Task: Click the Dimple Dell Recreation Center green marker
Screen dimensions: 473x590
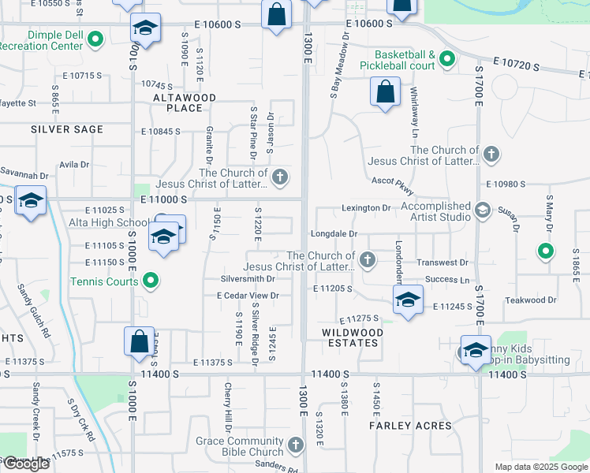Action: pos(96,38)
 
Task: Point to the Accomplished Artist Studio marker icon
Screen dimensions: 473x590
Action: pos(482,210)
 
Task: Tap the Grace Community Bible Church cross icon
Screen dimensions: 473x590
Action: pos(295,445)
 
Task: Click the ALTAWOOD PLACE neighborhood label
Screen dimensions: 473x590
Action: pos(185,102)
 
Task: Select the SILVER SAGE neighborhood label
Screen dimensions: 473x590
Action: pos(67,129)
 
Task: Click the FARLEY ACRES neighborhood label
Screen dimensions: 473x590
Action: pos(410,426)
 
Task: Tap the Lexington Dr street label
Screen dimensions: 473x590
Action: pos(366,208)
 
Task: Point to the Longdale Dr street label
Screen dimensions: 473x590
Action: pos(334,234)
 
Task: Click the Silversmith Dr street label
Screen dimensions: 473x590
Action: pos(248,278)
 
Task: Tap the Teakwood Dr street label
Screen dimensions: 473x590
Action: pos(531,300)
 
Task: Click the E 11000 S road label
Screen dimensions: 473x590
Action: pos(165,200)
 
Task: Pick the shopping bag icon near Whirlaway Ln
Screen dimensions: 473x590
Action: pos(384,92)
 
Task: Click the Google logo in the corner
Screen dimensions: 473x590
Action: pos(25,464)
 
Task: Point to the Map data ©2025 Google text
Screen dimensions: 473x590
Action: pos(541,467)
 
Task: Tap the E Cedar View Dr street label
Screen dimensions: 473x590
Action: pos(248,296)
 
